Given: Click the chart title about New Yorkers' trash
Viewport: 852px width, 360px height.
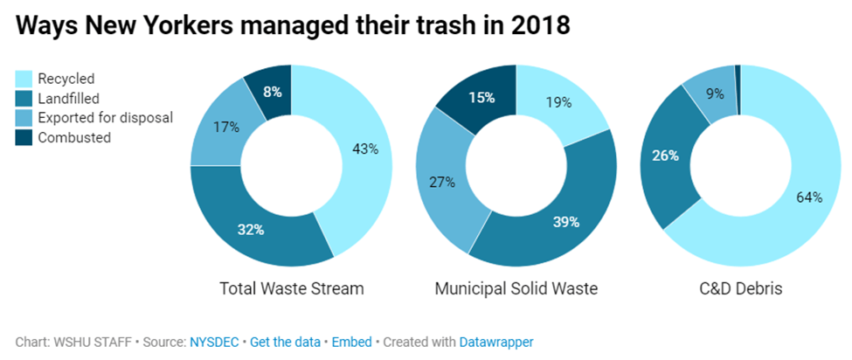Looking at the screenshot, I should click(x=293, y=26).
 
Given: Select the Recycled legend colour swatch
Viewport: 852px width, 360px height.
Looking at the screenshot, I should click(x=24, y=80).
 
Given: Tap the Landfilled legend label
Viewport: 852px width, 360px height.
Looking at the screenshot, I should click(x=70, y=99).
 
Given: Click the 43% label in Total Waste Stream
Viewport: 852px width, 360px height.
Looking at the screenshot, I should click(x=364, y=149).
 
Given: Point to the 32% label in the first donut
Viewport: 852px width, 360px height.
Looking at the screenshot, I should click(x=251, y=230).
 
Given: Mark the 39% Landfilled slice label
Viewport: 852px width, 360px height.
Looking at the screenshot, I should click(x=565, y=222).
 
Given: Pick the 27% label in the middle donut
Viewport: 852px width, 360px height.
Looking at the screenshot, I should click(x=441, y=183).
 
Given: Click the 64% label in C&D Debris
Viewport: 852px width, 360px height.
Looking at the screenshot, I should click(x=809, y=197).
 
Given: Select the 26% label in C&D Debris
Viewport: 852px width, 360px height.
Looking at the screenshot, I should click(x=666, y=156).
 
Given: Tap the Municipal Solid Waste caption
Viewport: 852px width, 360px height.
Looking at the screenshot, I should click(x=516, y=287).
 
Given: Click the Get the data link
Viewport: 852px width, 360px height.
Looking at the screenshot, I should click(x=284, y=342).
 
